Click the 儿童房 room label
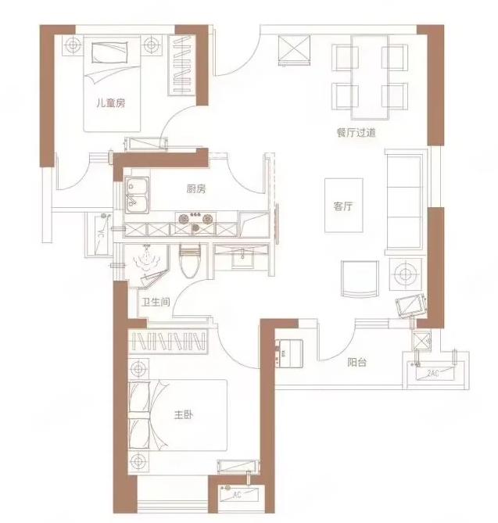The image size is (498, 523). [111, 103]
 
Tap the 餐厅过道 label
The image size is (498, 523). [356, 133]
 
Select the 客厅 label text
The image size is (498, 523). [343, 206]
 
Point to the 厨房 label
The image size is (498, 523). [196, 189]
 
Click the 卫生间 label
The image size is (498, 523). [156, 303]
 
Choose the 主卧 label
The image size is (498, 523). [184, 415]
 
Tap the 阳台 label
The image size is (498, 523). [357, 362]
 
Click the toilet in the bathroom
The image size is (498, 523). [190, 261]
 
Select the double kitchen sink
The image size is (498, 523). [137, 195]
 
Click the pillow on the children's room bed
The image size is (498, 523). [109, 52]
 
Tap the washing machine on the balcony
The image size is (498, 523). [288, 353]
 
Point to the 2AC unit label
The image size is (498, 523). [432, 373]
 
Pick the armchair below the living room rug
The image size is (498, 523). [360, 279]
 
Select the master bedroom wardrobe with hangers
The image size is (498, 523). [168, 341]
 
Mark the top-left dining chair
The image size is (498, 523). [345, 58]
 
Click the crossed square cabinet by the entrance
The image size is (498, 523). [295, 50]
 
